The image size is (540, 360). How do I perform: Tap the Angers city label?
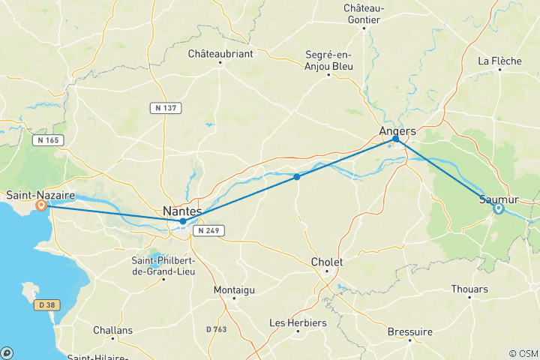click(x=397, y=130)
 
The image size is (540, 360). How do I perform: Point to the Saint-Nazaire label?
click(x=38, y=195)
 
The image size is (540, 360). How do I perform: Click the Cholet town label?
click(x=326, y=262)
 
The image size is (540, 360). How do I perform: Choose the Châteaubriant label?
click(x=220, y=53)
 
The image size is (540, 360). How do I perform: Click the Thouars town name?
click(x=469, y=289)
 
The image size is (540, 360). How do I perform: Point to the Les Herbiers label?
click(x=298, y=322)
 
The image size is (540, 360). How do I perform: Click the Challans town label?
click(x=112, y=330)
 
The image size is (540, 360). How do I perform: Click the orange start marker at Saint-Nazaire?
click(x=42, y=205)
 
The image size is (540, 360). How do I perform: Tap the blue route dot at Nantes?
click(x=182, y=221)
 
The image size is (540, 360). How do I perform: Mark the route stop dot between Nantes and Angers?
click(x=297, y=177)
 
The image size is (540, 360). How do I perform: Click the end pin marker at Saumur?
click(x=498, y=208)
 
